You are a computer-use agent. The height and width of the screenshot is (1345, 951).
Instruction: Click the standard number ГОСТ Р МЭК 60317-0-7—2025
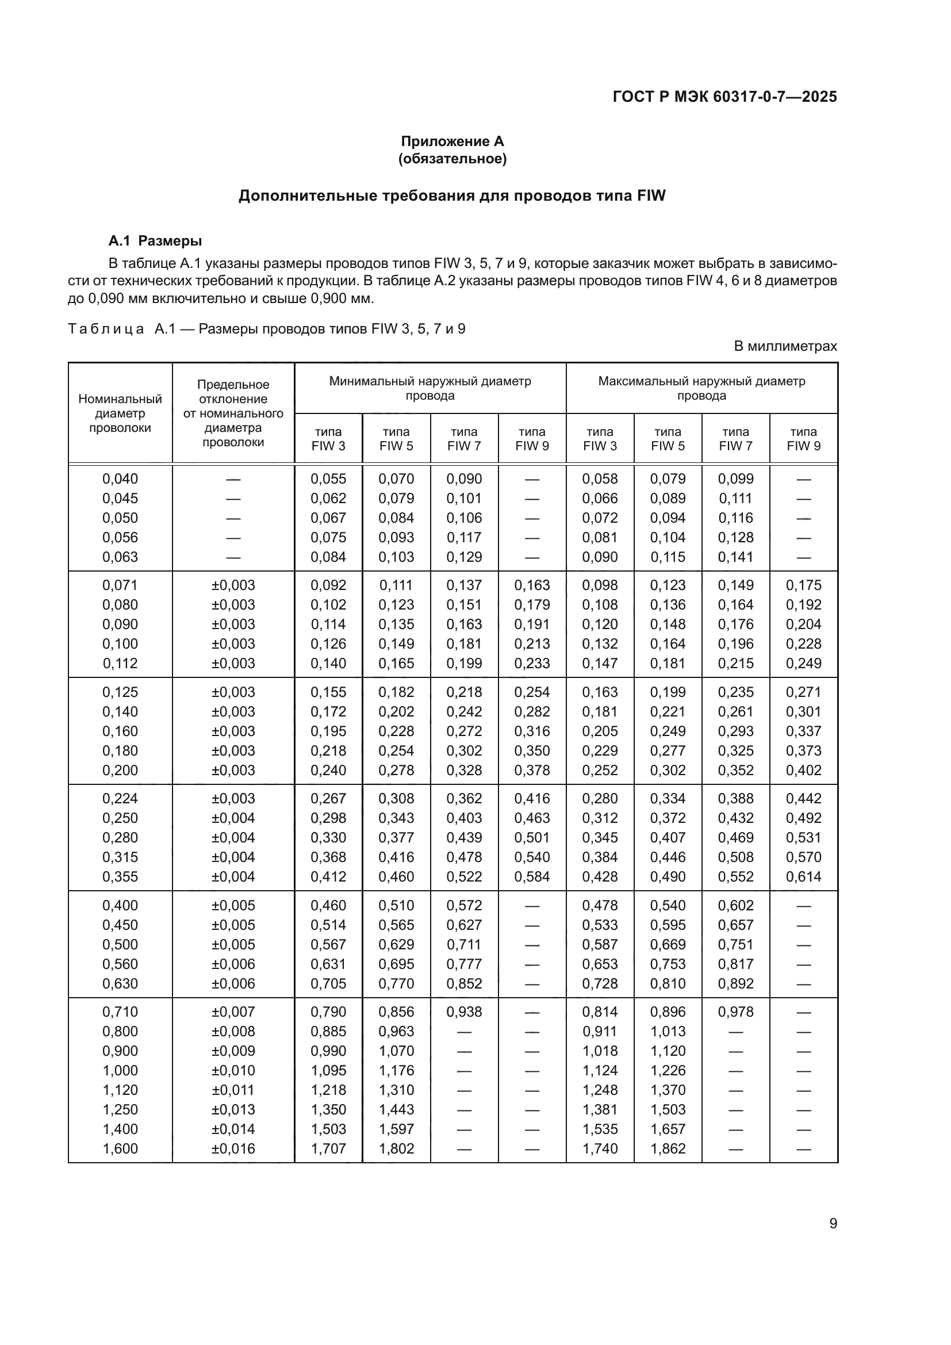724,97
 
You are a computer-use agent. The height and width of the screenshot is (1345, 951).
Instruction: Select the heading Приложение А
452,141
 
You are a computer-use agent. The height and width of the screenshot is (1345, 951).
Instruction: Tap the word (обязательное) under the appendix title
452,159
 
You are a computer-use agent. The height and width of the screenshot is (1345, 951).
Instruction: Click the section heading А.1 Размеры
155,241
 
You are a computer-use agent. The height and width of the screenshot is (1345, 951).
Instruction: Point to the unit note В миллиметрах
785,346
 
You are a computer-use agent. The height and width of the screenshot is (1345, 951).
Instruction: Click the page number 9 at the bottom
833,1224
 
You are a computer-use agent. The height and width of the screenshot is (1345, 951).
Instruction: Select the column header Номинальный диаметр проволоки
120,413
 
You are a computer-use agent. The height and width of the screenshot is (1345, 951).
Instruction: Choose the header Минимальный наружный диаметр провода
430,388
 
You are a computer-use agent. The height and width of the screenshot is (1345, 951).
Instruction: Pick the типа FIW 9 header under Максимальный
803,439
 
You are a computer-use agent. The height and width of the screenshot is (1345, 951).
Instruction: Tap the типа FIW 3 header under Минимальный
328,439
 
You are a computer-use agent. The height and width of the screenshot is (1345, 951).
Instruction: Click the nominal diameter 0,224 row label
120,799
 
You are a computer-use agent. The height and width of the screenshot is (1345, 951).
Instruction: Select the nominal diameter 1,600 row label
120,1149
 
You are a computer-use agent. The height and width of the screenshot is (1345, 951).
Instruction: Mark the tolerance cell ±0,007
233,1011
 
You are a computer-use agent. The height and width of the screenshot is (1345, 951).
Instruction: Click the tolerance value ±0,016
233,1149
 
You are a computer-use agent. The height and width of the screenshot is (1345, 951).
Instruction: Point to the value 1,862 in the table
668,1149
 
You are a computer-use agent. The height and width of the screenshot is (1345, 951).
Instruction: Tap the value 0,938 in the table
464,1011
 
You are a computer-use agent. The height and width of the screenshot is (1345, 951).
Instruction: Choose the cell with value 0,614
803,877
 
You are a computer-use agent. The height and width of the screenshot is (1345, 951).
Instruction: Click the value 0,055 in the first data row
328,479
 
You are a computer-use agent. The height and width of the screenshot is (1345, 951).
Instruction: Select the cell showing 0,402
803,771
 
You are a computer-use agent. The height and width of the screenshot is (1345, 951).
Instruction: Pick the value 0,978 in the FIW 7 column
735,1011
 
